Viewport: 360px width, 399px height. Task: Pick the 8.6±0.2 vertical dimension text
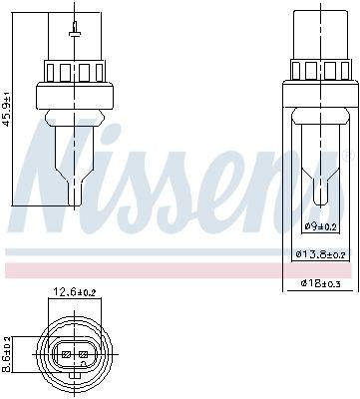point(9,353)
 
